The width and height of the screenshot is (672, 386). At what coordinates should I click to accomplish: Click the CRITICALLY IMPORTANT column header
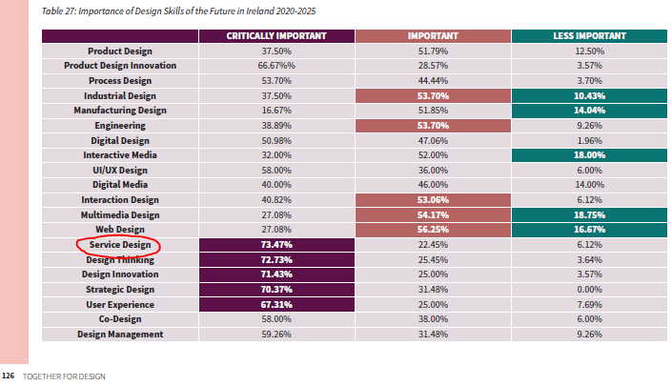click(x=276, y=36)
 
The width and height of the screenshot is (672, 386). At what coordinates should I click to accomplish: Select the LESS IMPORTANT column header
click(x=589, y=36)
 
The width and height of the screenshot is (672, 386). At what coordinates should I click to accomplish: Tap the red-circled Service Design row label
click(x=120, y=245)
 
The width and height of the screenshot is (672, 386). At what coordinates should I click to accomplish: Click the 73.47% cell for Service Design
click(x=276, y=245)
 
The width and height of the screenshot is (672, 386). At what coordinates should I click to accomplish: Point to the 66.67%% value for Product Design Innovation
click(x=276, y=66)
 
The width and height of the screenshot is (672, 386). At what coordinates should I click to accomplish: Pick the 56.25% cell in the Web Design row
click(x=433, y=230)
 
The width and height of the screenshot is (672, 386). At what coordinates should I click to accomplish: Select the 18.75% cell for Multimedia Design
click(x=589, y=215)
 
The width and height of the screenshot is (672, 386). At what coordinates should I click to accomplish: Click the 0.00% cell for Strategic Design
click(x=589, y=290)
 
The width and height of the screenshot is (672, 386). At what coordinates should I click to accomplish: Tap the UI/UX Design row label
click(x=120, y=170)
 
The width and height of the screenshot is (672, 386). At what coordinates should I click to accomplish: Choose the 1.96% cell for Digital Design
click(x=589, y=140)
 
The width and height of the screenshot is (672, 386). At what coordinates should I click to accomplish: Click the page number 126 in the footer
click(x=9, y=376)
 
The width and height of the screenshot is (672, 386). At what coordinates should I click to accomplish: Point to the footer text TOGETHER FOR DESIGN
click(x=64, y=376)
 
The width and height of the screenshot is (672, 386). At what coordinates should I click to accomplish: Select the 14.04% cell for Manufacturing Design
click(x=589, y=111)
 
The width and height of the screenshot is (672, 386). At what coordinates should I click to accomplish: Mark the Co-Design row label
click(x=120, y=319)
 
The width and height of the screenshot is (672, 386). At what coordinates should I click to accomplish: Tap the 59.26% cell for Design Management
click(x=276, y=335)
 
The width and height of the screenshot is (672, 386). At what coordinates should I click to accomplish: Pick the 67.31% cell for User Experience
click(x=276, y=305)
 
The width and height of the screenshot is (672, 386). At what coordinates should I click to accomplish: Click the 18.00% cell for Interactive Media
click(x=589, y=155)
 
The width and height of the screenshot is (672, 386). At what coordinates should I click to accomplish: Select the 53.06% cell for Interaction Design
click(x=433, y=200)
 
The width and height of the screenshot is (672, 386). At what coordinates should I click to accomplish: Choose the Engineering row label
click(x=120, y=126)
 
